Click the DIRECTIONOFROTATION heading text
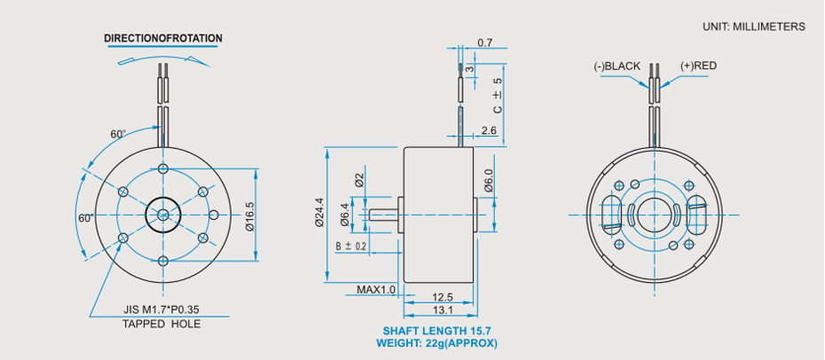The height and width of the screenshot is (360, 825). click(162, 39)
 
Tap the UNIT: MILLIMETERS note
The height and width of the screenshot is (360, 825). click(753, 27)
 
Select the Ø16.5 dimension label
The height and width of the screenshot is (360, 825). click(249, 215)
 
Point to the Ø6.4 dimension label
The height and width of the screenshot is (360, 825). click(345, 214)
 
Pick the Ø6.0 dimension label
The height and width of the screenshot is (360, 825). click(489, 182)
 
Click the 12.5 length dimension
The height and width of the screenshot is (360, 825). click(442, 297)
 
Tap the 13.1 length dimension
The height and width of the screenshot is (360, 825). click(442, 310)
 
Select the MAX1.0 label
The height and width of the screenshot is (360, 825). click(376, 290)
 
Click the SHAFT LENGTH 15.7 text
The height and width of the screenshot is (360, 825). click(436, 331)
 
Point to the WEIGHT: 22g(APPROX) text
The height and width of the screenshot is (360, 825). click(436, 343)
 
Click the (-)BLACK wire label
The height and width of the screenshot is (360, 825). click(617, 67)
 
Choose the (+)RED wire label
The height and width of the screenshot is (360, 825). click(698, 67)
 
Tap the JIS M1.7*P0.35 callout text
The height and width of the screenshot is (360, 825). click(161, 310)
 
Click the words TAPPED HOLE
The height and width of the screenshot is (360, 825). click(161, 325)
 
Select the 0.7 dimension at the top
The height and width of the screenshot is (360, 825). click(485, 43)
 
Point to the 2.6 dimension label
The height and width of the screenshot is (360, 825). click(488, 130)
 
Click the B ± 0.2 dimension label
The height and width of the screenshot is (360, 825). click(351, 246)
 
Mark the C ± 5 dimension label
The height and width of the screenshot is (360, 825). click(498, 95)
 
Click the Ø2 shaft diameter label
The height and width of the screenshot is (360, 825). click(359, 178)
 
